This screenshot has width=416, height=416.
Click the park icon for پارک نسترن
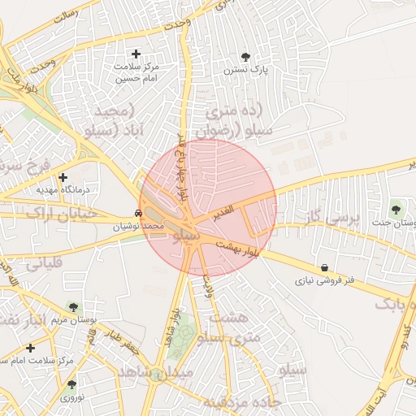pyautogui.click(x=246, y=57)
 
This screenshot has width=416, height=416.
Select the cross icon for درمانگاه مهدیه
pyautogui.click(x=63, y=176)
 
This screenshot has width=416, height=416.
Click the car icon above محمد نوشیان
pyautogui.click(x=141, y=213)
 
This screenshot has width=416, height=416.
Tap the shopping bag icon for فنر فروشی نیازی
pyautogui.click(x=324, y=267)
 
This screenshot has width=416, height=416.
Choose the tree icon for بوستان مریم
pyautogui.click(x=74, y=307)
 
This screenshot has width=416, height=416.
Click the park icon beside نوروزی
pyautogui.click(x=71, y=384)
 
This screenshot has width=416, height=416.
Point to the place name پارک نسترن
pyautogui.click(x=250, y=71)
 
